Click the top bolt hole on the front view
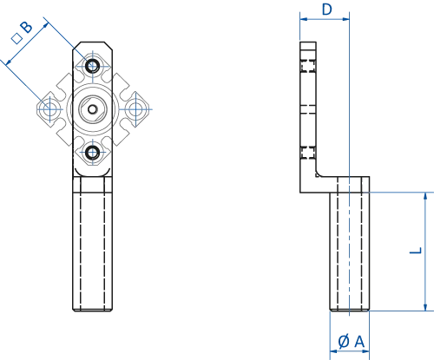(93, 65)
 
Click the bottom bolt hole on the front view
(93, 152)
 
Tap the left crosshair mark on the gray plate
(49, 108)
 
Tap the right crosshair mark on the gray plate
(137, 108)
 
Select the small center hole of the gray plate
(93, 109)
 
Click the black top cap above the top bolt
(94, 43)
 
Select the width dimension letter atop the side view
(325, 8)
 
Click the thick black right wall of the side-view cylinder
(365, 247)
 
